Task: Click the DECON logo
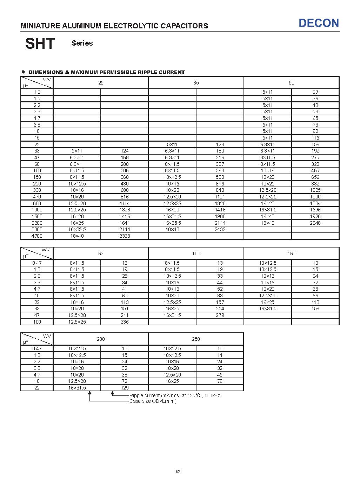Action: (x=319, y=23)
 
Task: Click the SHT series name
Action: (x=40, y=43)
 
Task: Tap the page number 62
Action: (x=178, y=472)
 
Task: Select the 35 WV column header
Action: (x=196, y=83)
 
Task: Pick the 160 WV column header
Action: (x=291, y=253)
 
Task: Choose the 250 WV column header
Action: (x=196, y=339)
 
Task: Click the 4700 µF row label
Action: (x=37, y=236)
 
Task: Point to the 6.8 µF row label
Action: (x=37, y=125)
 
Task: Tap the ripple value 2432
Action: (x=220, y=229)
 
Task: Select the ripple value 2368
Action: (x=125, y=236)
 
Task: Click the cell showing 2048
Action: (x=315, y=223)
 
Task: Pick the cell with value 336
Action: (x=125, y=322)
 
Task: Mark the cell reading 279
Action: (x=220, y=315)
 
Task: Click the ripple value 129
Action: (x=125, y=388)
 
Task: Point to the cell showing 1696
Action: (x=315, y=210)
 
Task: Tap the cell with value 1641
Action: (x=125, y=223)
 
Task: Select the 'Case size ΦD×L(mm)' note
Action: (x=153, y=401)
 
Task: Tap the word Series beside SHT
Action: (x=82, y=43)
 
